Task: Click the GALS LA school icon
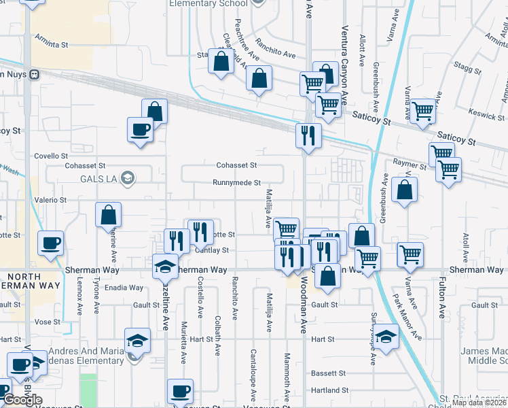[x=126, y=178]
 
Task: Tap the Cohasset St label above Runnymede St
[x=236, y=165]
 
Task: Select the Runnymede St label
[x=236, y=183]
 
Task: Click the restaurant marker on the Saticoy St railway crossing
[x=308, y=135]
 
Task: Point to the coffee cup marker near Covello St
[x=141, y=129]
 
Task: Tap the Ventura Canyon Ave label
[x=344, y=66]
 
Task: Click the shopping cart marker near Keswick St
[x=422, y=110]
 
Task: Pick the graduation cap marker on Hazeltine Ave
[x=164, y=267]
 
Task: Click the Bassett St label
[x=329, y=373]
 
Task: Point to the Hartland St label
[x=329, y=390]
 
